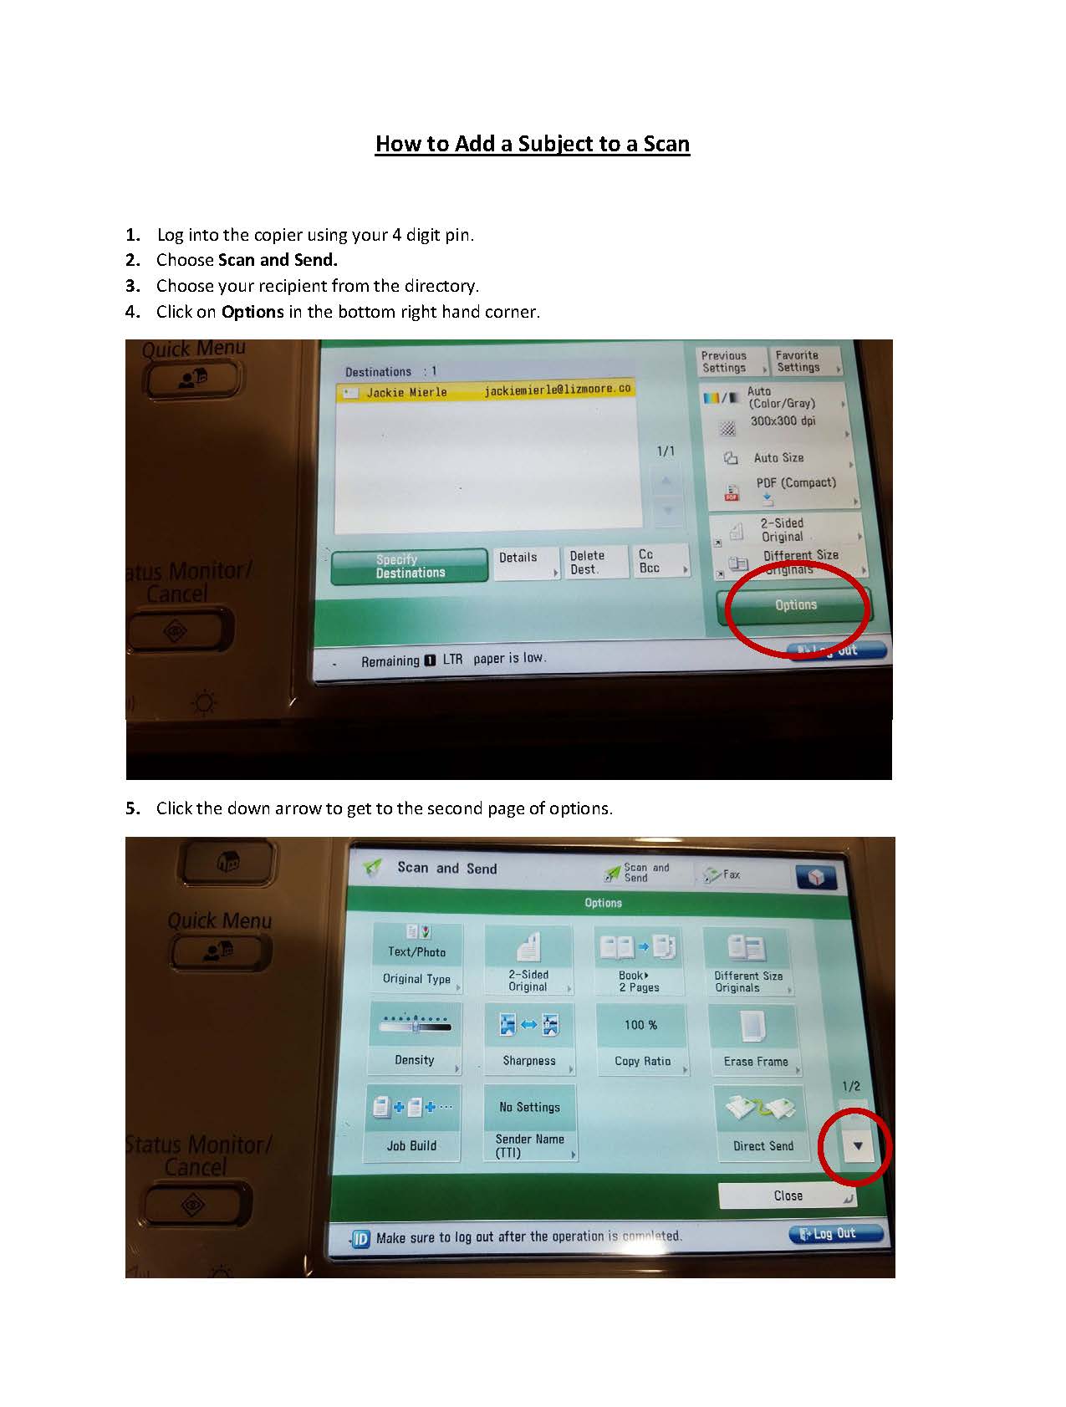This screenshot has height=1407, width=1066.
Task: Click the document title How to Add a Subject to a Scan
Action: click(x=532, y=144)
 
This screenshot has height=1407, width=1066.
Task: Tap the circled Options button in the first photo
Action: click(x=795, y=605)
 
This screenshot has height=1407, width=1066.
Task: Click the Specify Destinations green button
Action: click(x=410, y=567)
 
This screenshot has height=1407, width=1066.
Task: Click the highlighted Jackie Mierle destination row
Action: click(x=485, y=391)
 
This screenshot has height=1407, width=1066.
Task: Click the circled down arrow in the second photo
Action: click(x=857, y=1146)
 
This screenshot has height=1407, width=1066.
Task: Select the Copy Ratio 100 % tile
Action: click(x=641, y=1040)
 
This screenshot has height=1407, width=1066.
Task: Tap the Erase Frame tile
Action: click(x=754, y=1040)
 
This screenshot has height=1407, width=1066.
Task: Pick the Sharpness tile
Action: click(x=528, y=1039)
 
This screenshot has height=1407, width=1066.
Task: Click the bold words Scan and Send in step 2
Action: click(x=278, y=260)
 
